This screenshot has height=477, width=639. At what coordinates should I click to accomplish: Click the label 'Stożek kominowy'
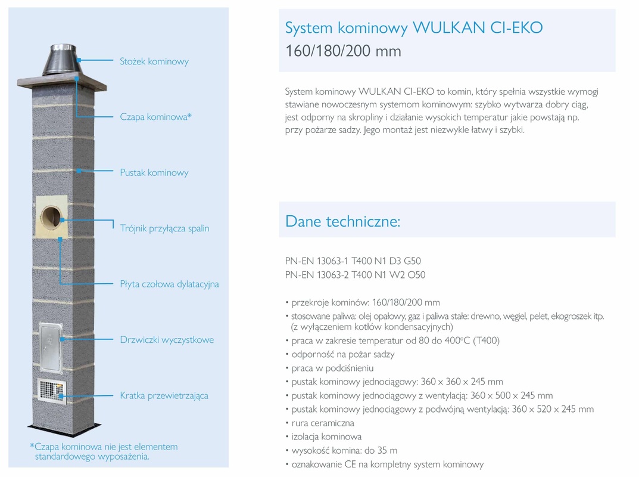point(154,61)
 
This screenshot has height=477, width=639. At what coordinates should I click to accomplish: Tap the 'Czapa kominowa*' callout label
point(156,117)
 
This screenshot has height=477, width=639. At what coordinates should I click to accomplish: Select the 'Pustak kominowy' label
point(154,173)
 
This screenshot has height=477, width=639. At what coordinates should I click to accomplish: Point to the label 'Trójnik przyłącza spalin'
point(164,228)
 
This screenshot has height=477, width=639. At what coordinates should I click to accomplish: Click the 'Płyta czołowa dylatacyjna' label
point(169,284)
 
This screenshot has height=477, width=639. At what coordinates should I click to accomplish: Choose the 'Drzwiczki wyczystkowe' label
point(167,340)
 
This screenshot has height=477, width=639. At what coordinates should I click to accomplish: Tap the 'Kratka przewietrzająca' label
point(164,395)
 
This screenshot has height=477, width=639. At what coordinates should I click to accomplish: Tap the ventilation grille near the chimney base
point(50,389)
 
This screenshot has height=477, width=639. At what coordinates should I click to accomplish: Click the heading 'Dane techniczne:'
point(343,221)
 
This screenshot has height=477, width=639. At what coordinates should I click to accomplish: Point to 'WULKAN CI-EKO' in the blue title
point(478,28)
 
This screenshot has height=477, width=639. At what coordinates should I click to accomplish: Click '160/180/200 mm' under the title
point(343,51)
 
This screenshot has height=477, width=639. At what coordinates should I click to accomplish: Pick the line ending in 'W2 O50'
point(355,275)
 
